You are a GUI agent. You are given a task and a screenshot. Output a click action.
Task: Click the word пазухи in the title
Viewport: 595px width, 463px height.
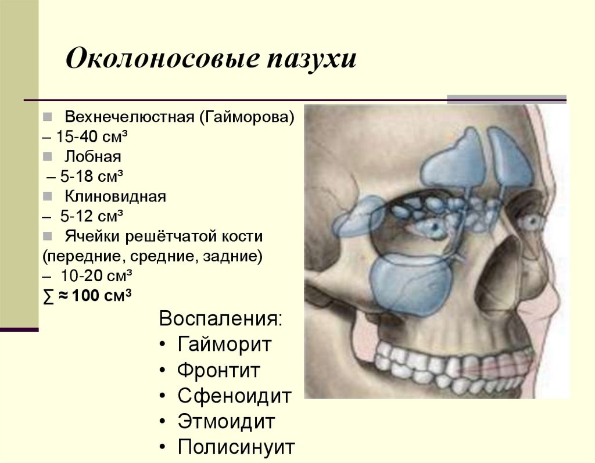click(x=311, y=60)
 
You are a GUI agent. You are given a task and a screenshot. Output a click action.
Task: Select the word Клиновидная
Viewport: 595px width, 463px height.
click(x=116, y=196)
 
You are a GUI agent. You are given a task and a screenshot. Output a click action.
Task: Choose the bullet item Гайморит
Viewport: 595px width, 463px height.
click(x=224, y=344)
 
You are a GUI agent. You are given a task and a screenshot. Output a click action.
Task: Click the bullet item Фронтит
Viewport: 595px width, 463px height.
click(x=218, y=370)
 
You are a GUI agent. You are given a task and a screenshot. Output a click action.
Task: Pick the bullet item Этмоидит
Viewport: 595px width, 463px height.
click(x=226, y=421)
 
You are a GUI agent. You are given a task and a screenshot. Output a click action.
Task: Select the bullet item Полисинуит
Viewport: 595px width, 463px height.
click(x=236, y=447)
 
